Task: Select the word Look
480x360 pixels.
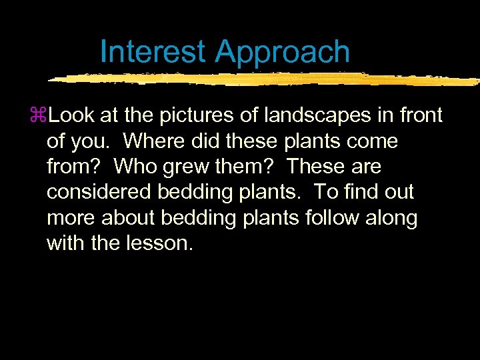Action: [x=71, y=116]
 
